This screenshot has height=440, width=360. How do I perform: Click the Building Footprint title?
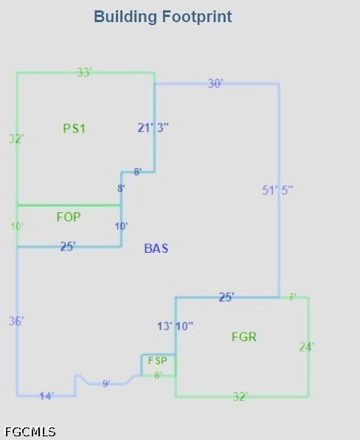(x=163, y=16)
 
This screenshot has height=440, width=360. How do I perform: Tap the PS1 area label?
(x=74, y=128)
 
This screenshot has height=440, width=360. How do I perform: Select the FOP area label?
(x=69, y=217)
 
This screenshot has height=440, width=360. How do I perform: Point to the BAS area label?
(x=156, y=248)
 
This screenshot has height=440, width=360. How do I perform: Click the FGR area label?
(x=244, y=337)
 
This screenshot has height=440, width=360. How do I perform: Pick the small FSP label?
(x=157, y=360)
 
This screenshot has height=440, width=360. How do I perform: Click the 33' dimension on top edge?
(x=85, y=72)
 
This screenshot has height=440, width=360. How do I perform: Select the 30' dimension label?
(x=215, y=83)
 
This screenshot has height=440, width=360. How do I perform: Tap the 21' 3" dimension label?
(x=153, y=128)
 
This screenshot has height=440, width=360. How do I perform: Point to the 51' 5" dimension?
(x=277, y=190)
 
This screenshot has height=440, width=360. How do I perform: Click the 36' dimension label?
(x=16, y=321)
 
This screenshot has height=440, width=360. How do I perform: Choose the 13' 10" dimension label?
(x=176, y=326)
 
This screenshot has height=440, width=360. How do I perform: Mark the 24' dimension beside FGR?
(x=307, y=347)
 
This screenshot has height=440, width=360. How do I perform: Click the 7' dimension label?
(x=293, y=297)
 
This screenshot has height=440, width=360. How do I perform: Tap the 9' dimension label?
(x=106, y=383)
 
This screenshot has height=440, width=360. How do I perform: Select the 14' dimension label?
(x=46, y=397)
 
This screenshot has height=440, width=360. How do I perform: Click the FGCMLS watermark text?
(x=30, y=432)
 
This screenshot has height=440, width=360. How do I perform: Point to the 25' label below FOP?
(x=68, y=246)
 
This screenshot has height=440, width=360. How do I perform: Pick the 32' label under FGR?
(x=240, y=397)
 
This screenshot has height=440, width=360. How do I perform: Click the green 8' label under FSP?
(x=158, y=375)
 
